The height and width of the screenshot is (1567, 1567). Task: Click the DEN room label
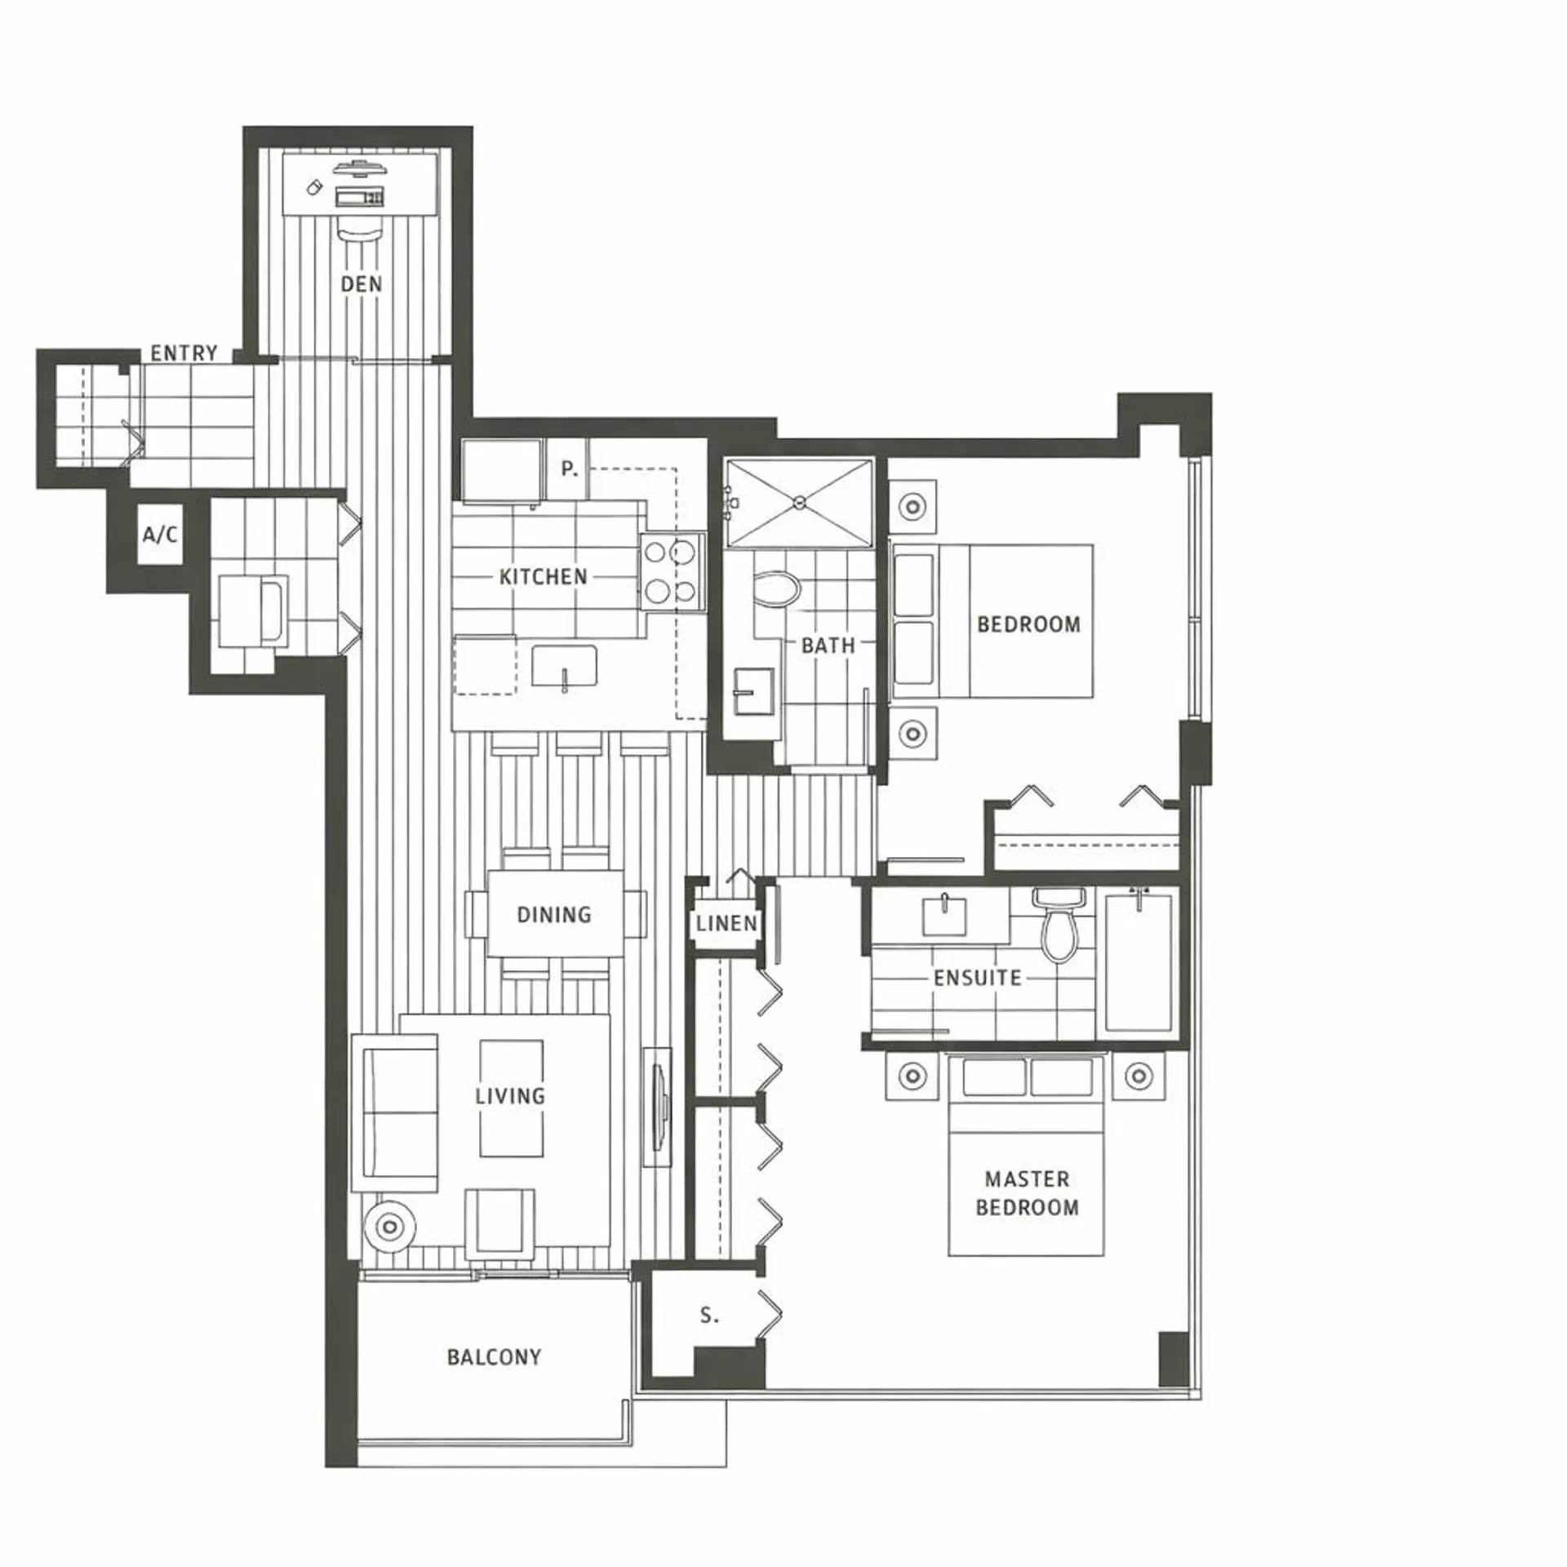[361, 284]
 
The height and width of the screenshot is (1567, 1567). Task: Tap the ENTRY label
[184, 353]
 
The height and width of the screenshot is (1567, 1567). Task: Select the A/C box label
[160, 535]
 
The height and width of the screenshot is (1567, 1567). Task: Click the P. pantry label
[569, 469]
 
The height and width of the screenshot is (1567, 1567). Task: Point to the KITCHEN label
[544, 577]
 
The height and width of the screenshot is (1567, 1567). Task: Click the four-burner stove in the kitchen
[671, 571]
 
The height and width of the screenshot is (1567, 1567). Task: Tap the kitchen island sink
[564, 666]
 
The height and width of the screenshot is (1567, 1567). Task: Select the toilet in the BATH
[775, 588]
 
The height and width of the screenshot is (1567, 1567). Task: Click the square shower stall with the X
[800, 503]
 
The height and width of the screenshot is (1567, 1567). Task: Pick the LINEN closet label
[726, 924]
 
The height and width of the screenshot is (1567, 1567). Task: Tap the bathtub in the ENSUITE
[1139, 964]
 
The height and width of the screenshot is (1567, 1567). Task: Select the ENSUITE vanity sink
[944, 917]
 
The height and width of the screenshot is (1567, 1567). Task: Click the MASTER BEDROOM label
[1027, 1193]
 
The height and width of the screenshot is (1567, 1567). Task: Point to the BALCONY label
[494, 1357]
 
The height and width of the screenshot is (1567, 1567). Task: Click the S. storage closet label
[709, 1316]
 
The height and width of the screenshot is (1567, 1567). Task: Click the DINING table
[555, 914]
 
